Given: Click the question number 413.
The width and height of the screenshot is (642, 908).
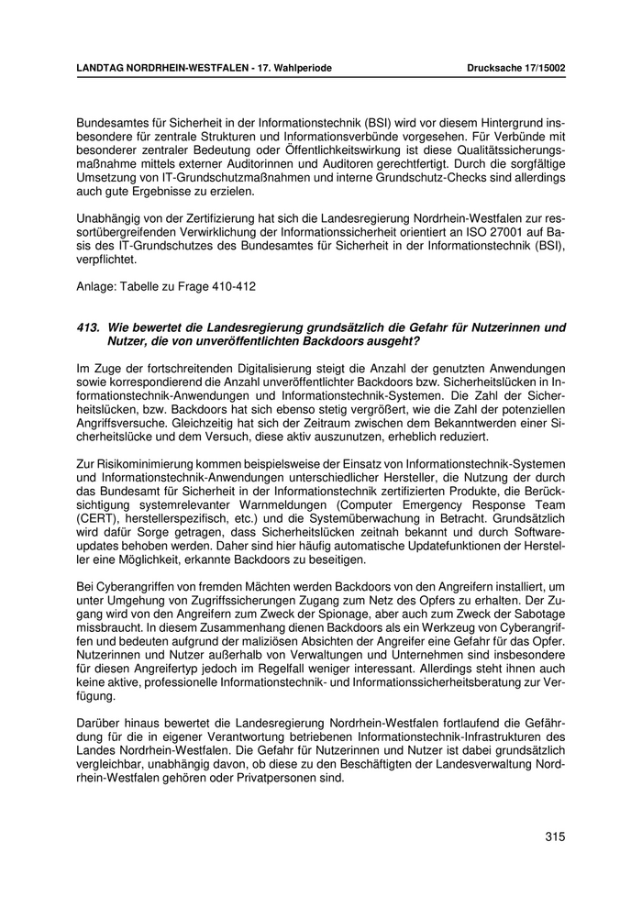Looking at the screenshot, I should point(89,327).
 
